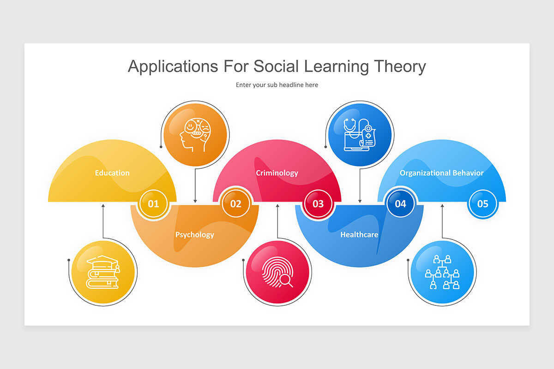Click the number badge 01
[x=153, y=203]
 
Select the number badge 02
[x=235, y=203]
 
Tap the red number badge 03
[x=318, y=203]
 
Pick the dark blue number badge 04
[x=400, y=203]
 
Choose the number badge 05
[x=482, y=203]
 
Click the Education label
[x=112, y=173]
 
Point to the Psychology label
[x=194, y=234]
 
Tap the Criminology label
[x=277, y=173]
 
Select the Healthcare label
[x=359, y=234]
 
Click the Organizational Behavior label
[x=441, y=173]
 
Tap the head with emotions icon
[x=195, y=134]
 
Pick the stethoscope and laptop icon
[x=359, y=134]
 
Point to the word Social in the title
[x=276, y=66]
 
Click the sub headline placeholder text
[x=277, y=85]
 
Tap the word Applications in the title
[x=173, y=66]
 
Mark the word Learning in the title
[x=336, y=66]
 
